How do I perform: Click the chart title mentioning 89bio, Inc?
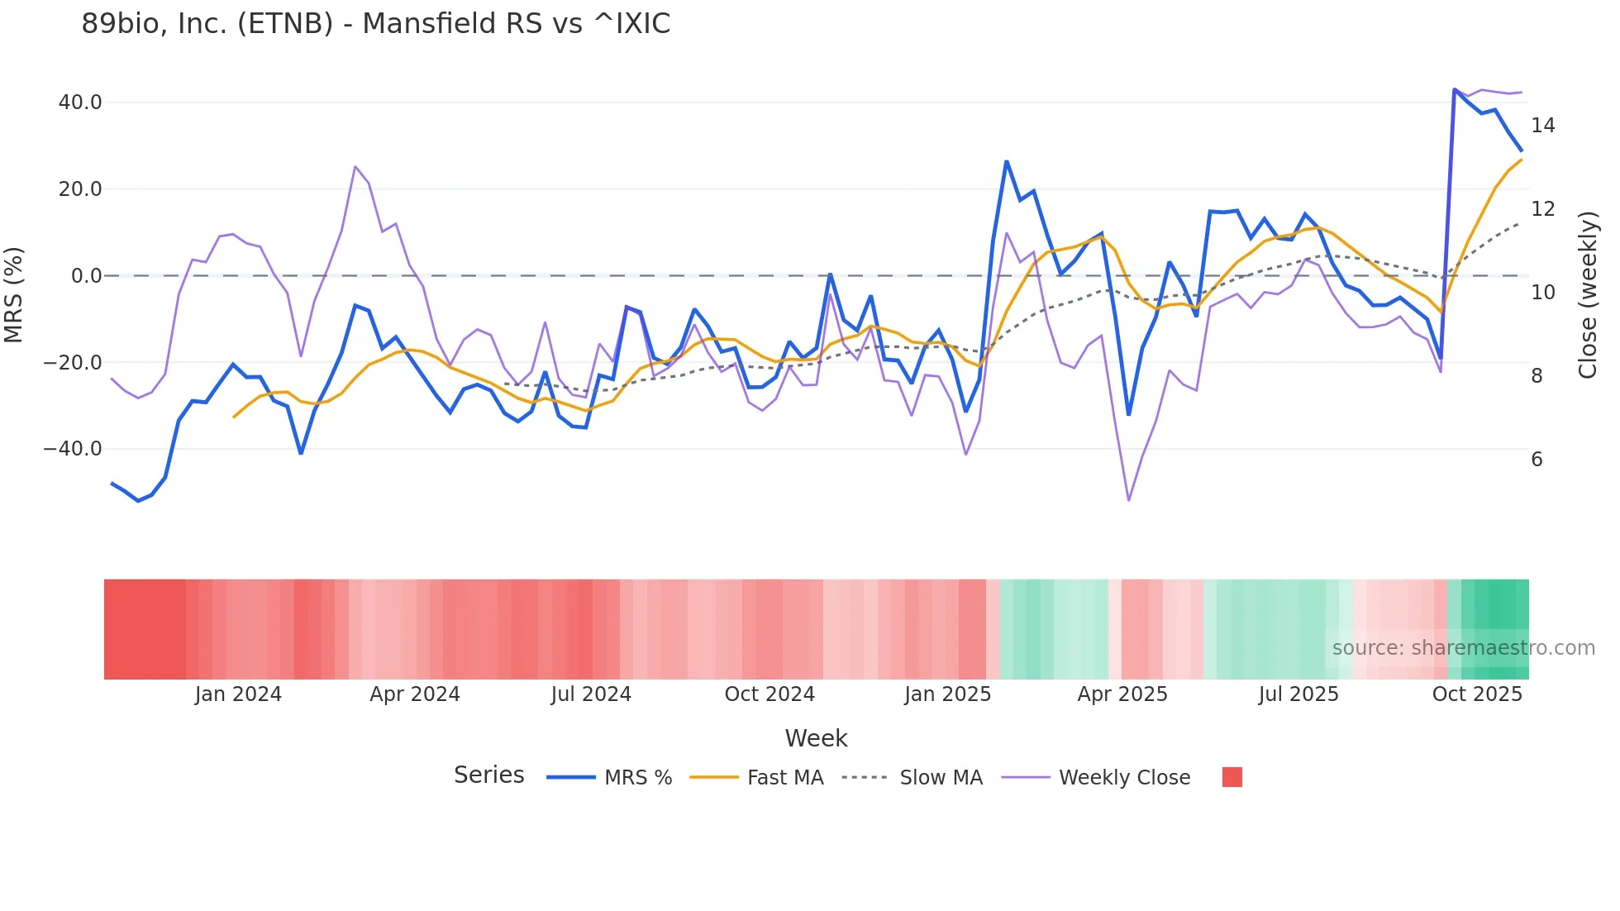coord(375,24)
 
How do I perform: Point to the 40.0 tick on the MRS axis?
coord(80,103)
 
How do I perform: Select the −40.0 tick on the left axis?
coord(73,449)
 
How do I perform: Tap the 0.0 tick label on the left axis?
coord(86,276)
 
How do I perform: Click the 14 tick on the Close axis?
coord(1542,126)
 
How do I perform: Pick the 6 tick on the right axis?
coord(1537,460)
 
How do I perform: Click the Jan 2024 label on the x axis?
coord(238,694)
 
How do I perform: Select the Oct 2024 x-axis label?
coord(769,694)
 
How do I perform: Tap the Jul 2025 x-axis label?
coord(1298,694)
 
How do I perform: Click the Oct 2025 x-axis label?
coord(1477,694)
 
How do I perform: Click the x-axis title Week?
coord(816,738)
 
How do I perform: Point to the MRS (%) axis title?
coord(14,295)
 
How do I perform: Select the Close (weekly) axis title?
coord(1587,295)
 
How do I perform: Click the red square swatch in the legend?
coord(1232,777)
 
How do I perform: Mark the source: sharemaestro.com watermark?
coord(1463,648)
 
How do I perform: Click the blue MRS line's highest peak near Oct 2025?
coord(1455,89)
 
